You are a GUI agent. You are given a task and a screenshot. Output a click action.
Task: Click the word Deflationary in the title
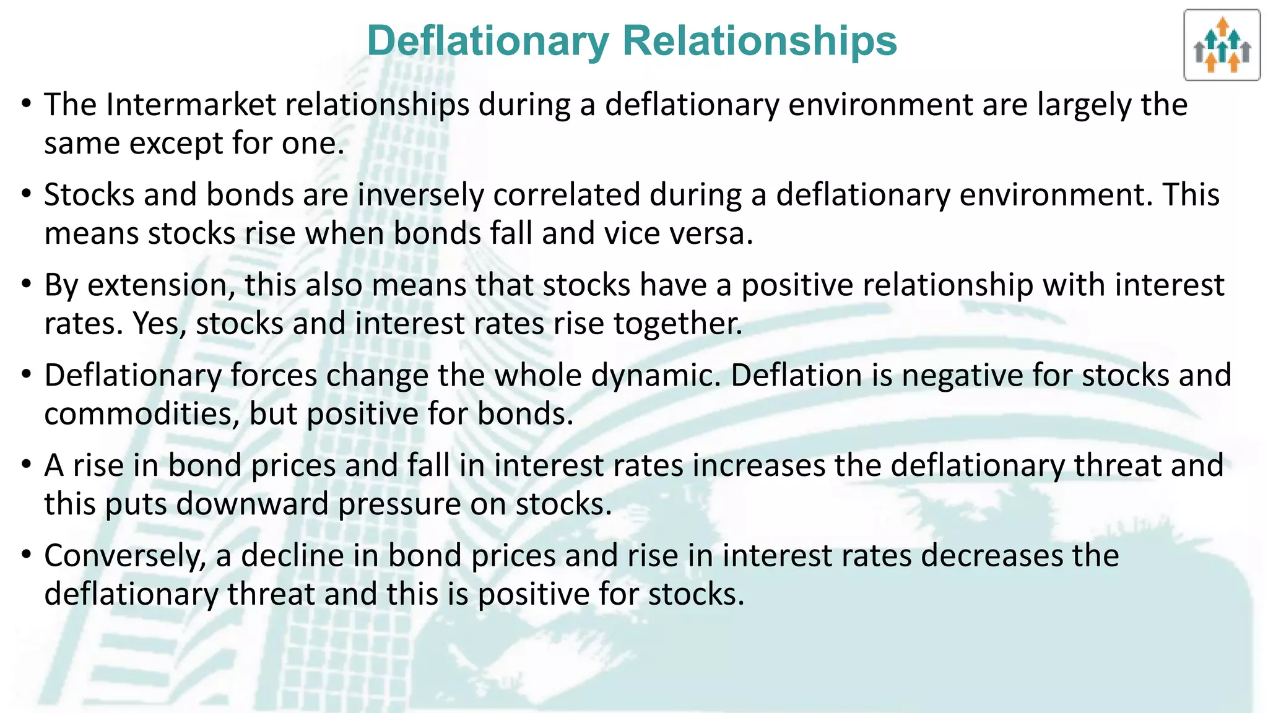489,41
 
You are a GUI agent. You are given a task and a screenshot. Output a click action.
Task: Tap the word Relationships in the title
760,41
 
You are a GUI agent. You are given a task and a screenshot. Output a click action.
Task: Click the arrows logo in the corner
1222,45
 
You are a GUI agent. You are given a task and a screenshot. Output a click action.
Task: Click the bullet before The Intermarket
25,102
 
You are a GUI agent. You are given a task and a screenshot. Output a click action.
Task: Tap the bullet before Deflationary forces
25,373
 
